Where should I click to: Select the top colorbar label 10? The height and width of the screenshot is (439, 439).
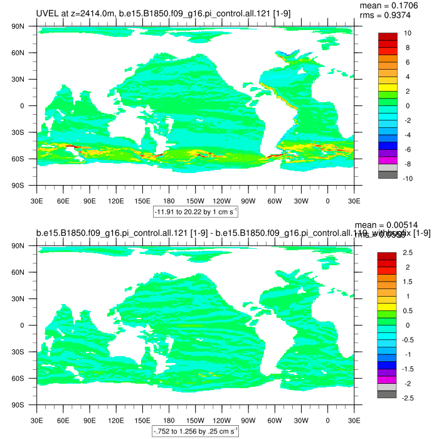pyautogui.click(x=407, y=33)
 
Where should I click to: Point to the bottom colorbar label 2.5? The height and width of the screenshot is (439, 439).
pyautogui.click(x=407, y=252)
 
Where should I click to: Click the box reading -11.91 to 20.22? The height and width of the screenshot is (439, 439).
pyautogui.click(x=195, y=212)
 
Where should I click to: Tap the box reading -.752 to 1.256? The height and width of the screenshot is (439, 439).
pyautogui.click(x=195, y=431)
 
